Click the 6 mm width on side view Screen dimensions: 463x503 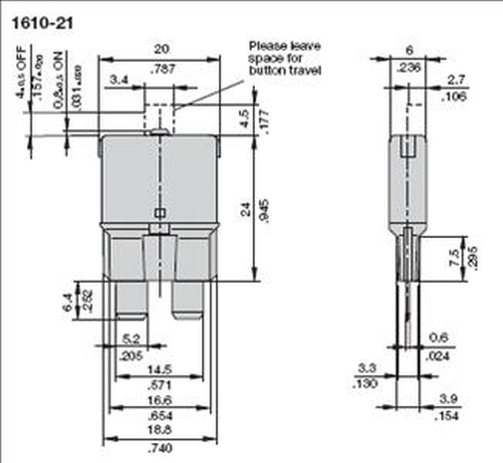coord(407,49)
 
